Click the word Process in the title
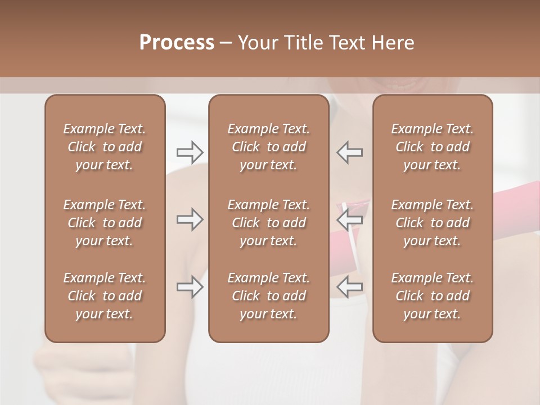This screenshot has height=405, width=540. coord(177,43)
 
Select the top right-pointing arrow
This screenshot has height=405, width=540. coord(190,152)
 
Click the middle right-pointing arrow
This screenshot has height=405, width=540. coord(190,219)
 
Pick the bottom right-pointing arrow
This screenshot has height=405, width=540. coord(190,287)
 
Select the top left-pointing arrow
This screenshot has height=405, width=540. coord(350,152)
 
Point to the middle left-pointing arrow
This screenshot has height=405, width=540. coord(350,219)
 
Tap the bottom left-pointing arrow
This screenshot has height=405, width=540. coord(350,287)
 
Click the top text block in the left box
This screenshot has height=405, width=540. coord(105,147)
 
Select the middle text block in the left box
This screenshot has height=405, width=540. coord(105,223)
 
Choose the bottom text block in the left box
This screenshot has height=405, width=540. coord(105,296)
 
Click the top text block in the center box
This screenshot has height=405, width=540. coord(269,147)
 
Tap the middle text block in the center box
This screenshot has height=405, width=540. coord(269,223)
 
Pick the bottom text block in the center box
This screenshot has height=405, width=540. coord(269,296)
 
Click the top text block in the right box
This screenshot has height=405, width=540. coord(433,147)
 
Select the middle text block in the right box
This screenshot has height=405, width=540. coord(433,223)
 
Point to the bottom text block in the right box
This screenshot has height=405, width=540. coord(433,296)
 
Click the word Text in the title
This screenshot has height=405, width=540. coord(347,43)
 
